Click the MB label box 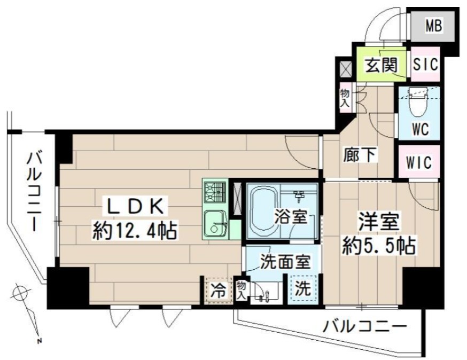tap(434, 26)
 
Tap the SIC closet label tap(426, 65)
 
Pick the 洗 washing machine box tap(302, 289)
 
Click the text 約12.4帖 tap(135, 231)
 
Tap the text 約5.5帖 tap(379, 245)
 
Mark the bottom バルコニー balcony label tap(365, 325)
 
